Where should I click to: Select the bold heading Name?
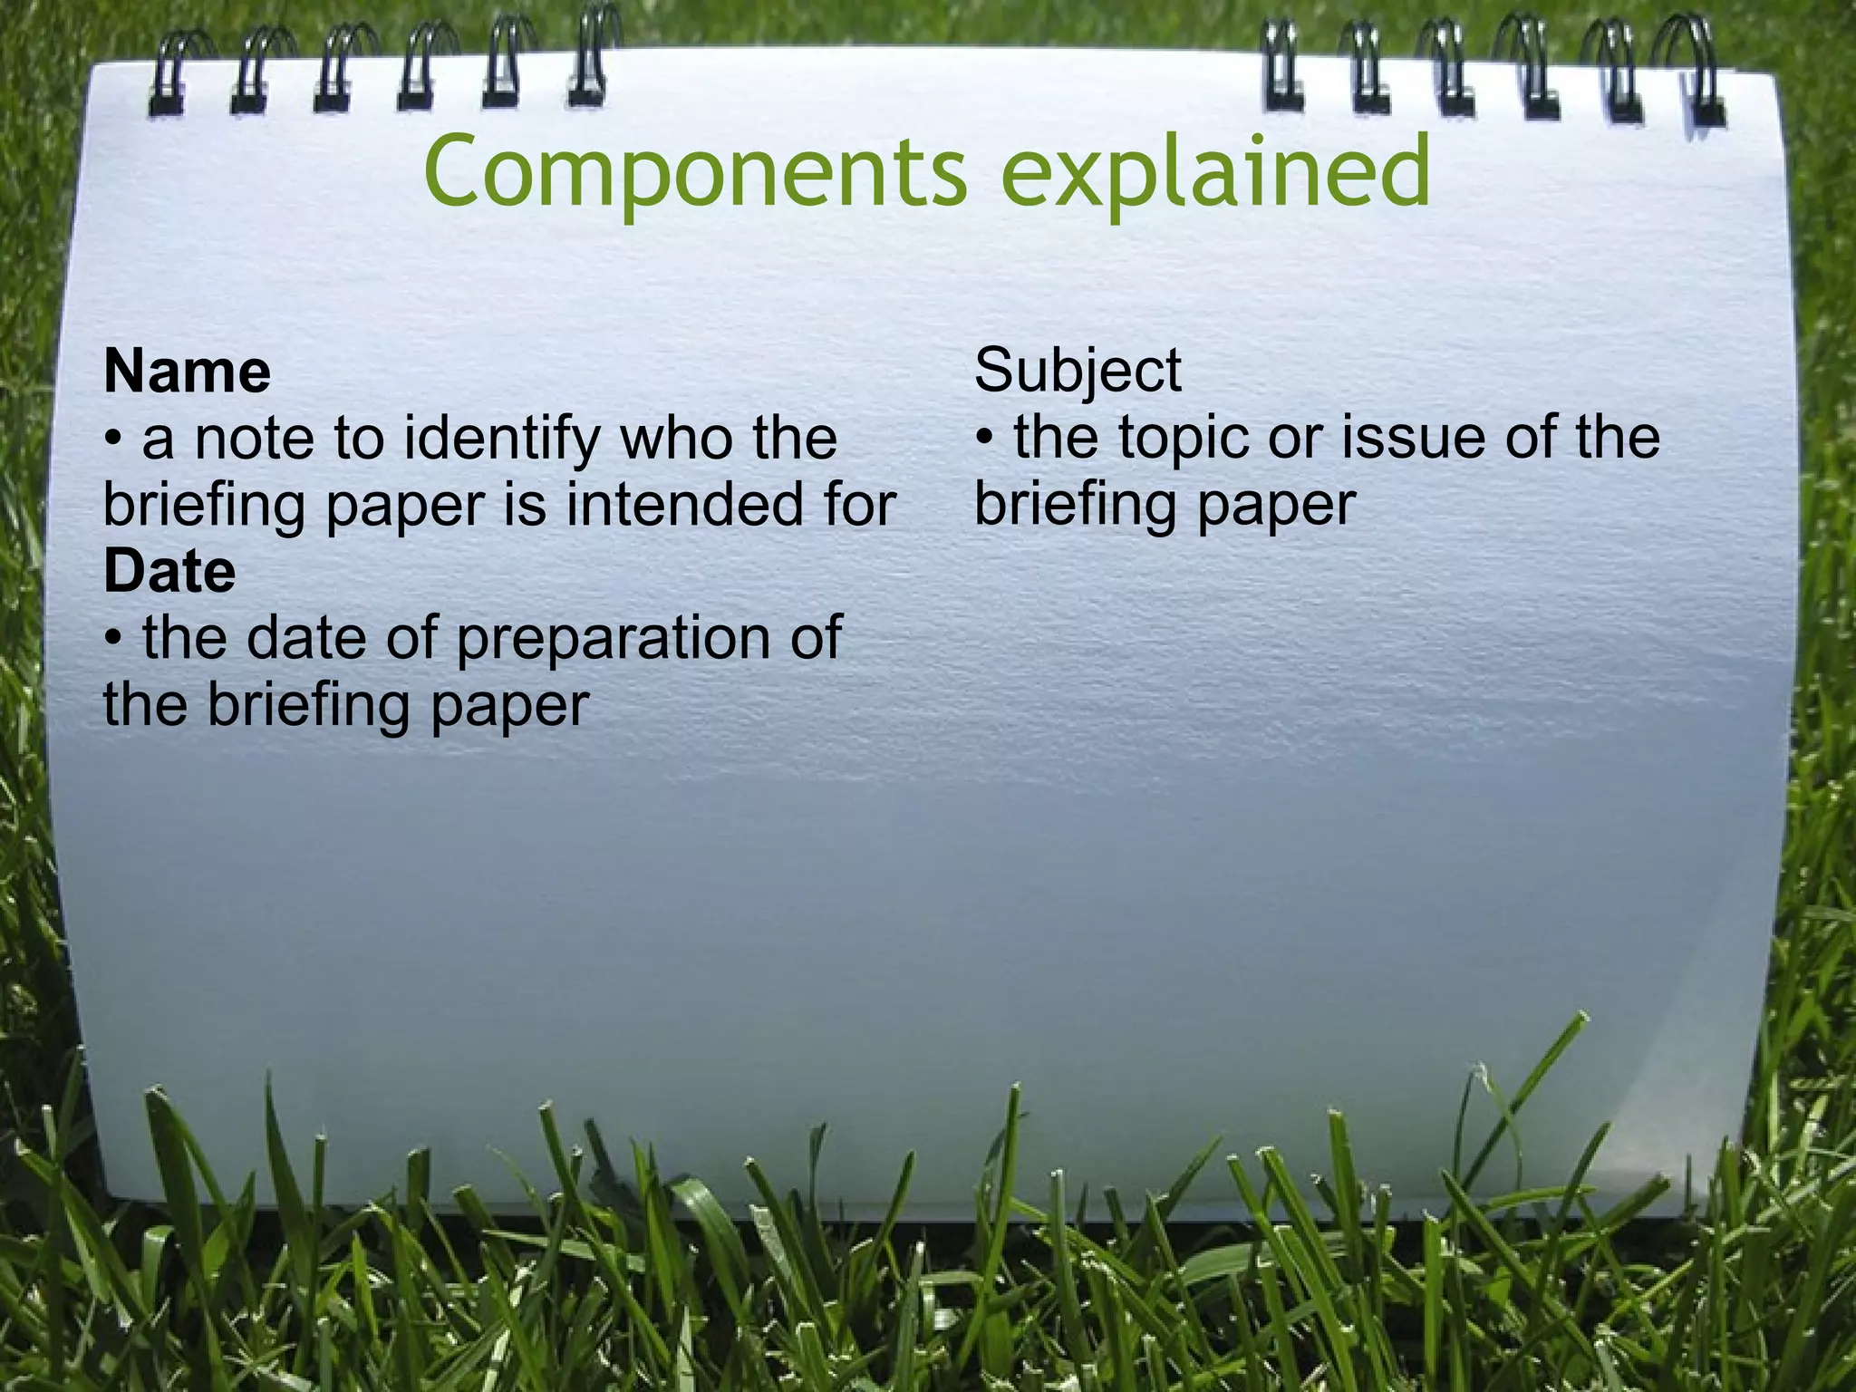pos(187,372)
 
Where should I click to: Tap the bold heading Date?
pos(169,573)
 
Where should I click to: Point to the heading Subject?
pos(1078,372)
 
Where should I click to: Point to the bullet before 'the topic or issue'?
pos(985,440)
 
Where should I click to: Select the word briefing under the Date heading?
pos(310,706)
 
